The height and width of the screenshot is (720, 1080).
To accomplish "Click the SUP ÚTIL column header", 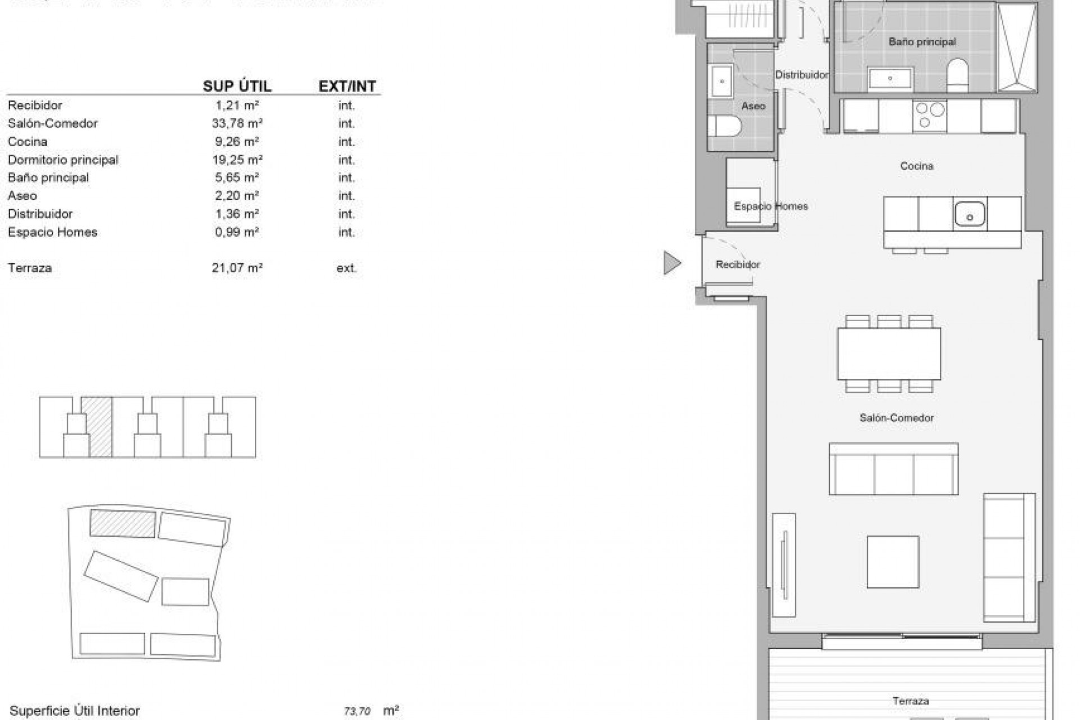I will (237, 86).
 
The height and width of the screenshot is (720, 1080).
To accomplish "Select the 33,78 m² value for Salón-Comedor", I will (237, 123).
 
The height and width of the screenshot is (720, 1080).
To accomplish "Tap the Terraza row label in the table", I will (30, 268).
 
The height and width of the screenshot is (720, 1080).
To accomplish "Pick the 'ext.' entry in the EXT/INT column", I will (346, 268).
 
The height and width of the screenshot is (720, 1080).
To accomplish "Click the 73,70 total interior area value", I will (357, 712).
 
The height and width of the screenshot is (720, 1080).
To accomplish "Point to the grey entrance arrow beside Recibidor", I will (672, 263).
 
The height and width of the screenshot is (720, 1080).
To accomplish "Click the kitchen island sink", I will (969, 214).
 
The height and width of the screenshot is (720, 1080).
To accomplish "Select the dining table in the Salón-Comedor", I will (889, 354).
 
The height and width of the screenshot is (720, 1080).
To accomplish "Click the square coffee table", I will (893, 562).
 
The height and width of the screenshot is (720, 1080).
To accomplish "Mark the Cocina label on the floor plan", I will (916, 166).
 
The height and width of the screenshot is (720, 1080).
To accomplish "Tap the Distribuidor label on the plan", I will (801, 75).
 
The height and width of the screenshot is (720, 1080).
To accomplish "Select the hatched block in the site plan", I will (123, 523).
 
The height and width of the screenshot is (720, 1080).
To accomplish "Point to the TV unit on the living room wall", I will (784, 564).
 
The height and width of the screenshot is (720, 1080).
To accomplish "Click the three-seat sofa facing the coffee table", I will (893, 469).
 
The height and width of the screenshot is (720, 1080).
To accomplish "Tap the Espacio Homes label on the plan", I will (771, 206).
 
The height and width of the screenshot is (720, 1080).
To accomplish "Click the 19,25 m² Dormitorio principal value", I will (237, 160).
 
